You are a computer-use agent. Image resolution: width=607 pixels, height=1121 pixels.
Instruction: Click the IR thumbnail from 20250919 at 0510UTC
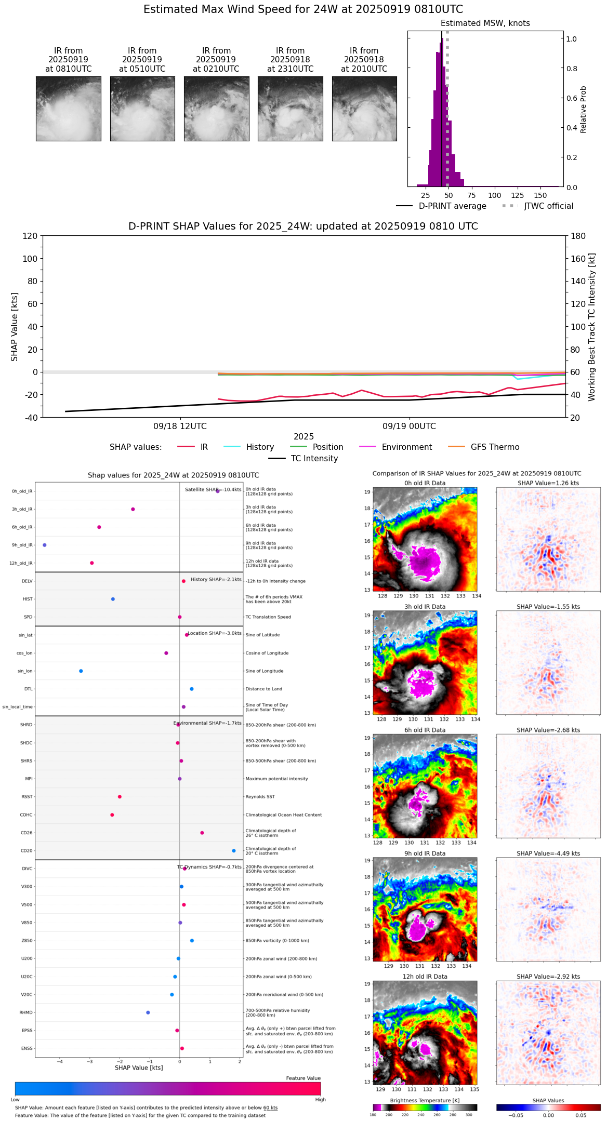(x=142, y=109)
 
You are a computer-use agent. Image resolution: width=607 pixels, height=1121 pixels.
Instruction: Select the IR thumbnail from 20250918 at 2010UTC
(x=364, y=109)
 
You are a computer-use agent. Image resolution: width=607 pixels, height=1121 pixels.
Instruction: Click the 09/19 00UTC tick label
(x=409, y=426)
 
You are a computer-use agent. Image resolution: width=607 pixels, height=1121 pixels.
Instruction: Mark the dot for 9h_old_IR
(x=45, y=545)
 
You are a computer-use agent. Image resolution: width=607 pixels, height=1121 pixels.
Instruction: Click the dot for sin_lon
(x=81, y=671)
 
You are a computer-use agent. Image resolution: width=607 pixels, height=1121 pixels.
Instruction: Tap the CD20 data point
(x=234, y=851)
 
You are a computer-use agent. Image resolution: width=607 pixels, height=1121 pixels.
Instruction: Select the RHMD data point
(x=148, y=1012)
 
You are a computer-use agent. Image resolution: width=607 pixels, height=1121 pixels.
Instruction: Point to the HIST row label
(x=28, y=599)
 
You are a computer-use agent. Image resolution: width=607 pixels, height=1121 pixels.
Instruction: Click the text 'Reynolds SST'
(x=260, y=797)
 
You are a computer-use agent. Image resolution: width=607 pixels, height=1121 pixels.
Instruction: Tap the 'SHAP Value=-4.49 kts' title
(x=548, y=853)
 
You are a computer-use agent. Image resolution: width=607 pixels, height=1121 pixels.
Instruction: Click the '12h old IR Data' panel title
(x=425, y=977)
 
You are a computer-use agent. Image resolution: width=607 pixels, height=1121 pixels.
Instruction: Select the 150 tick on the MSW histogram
(x=540, y=196)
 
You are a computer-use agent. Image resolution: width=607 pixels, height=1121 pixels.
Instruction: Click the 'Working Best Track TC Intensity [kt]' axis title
(x=592, y=327)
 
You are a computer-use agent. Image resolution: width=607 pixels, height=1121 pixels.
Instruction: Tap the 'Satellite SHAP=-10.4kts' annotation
(x=213, y=490)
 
